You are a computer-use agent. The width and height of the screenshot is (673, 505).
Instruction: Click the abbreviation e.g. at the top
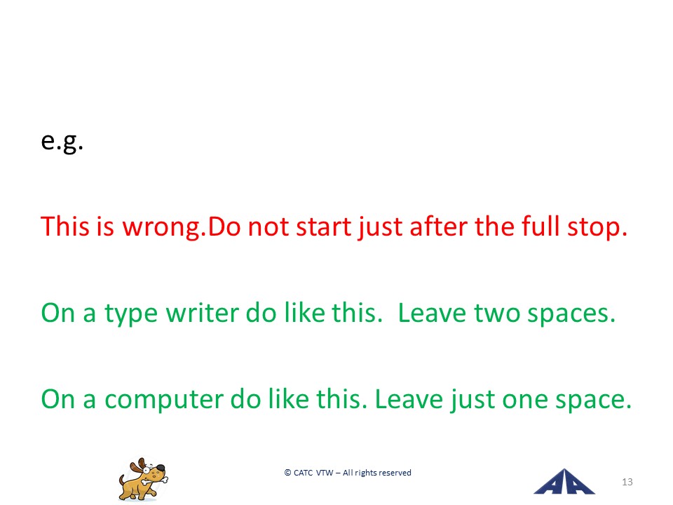(x=62, y=142)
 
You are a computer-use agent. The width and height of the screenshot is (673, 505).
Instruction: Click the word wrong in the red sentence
(x=161, y=227)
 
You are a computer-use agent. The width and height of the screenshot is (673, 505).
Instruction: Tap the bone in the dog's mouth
(x=154, y=480)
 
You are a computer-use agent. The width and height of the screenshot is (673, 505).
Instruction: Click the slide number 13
(x=627, y=482)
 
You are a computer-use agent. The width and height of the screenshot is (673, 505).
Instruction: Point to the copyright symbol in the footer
(x=287, y=472)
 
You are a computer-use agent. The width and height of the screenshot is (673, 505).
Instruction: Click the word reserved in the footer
(x=395, y=473)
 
